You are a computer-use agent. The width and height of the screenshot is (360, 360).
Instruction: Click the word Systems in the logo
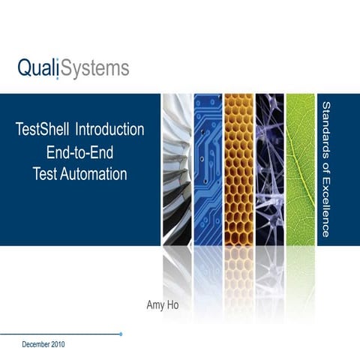click(x=94, y=70)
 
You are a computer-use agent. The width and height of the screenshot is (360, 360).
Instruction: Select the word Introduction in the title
click(x=115, y=129)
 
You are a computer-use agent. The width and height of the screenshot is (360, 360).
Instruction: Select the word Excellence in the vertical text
click(x=326, y=206)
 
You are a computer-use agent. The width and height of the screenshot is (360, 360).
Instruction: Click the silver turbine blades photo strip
click(x=176, y=169)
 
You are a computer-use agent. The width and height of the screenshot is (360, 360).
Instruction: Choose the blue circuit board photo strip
click(x=208, y=169)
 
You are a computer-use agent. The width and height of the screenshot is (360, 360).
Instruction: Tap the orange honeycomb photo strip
click(x=238, y=169)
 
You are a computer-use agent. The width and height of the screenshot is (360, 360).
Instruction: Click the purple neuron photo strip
click(x=269, y=169)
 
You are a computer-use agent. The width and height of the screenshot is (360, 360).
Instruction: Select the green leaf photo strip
click(x=300, y=169)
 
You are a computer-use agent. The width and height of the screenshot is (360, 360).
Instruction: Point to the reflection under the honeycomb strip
click(x=238, y=266)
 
